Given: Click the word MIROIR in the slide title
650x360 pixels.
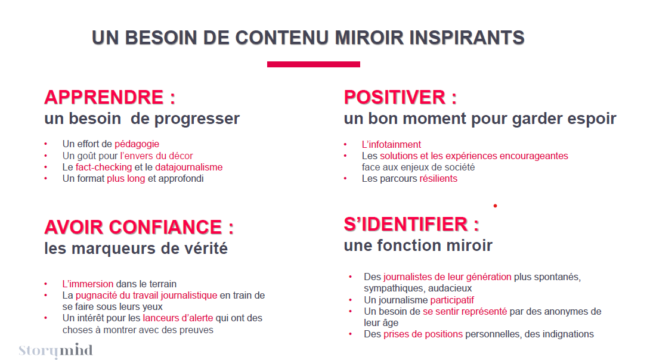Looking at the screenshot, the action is click(369, 38).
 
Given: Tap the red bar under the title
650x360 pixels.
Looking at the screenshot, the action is click(314, 64).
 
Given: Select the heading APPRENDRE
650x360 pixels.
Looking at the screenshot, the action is click(104, 97).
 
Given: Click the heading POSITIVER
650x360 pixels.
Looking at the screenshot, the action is click(395, 97).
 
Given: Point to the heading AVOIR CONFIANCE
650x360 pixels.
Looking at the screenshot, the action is click(133, 227).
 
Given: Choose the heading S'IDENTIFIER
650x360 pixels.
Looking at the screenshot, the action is click(406, 224).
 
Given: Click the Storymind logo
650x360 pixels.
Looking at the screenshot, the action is click(55, 350).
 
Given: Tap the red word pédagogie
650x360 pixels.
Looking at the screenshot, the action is click(137, 144).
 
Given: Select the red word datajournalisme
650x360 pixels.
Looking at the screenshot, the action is click(188, 167).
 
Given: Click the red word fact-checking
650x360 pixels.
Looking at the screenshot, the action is click(104, 167).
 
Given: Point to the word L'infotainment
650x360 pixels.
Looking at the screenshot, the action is click(391, 144).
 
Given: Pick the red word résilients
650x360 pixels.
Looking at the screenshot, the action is click(438, 179).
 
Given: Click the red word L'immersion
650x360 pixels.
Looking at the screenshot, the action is click(88, 284).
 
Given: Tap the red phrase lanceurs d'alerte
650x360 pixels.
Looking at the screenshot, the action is click(178, 318).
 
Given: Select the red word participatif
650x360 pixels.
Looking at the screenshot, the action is click(452, 300).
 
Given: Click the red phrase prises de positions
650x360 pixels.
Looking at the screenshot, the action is click(423, 334).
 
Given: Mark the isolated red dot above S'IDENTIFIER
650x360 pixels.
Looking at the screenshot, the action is click(496, 206).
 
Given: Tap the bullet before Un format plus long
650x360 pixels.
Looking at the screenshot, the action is click(46, 179).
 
